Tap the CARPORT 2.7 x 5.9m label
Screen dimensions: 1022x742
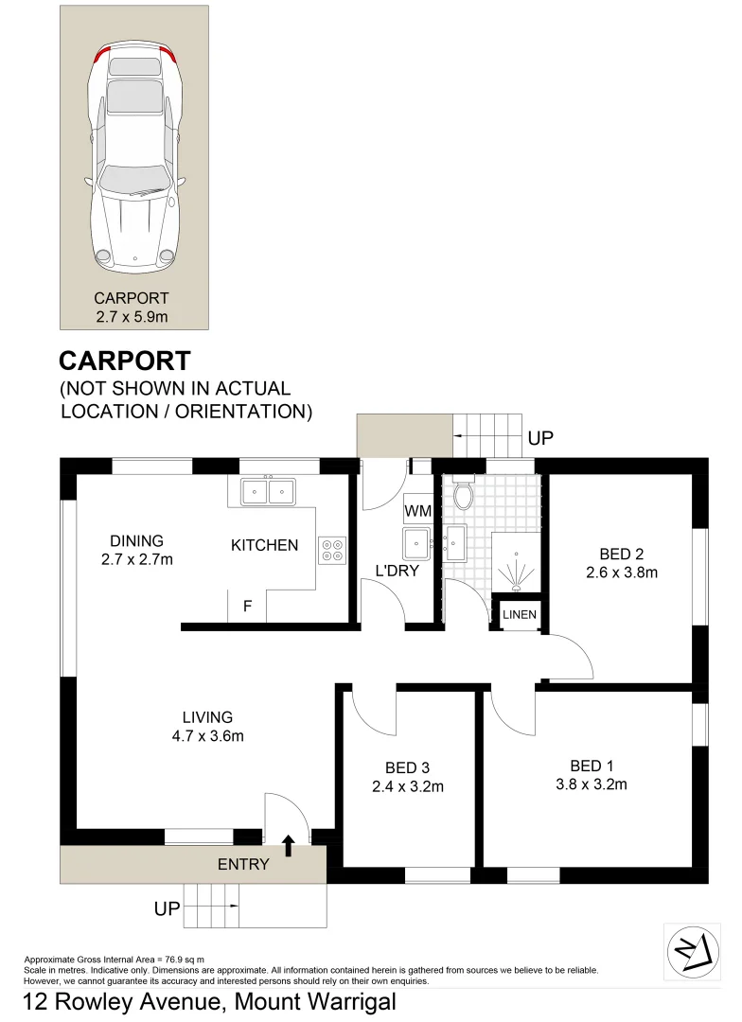pos(132,308)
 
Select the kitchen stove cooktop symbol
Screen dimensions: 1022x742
pos(331,551)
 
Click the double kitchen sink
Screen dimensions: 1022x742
pos(268,491)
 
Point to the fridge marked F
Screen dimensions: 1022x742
pos(247,607)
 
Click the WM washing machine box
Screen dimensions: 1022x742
pos(417,511)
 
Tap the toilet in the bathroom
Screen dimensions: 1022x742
pos(463,494)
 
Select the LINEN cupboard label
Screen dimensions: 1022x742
pos(519,615)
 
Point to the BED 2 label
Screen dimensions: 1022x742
pos(622,554)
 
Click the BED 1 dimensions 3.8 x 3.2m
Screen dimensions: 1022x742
pos(592,784)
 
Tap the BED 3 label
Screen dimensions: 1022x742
pos(407,767)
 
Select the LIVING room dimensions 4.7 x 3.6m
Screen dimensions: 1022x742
pos(208,736)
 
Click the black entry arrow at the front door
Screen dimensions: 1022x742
pos(289,845)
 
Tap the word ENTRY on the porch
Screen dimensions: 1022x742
pos(243,864)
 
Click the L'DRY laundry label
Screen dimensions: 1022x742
pos(397,571)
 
